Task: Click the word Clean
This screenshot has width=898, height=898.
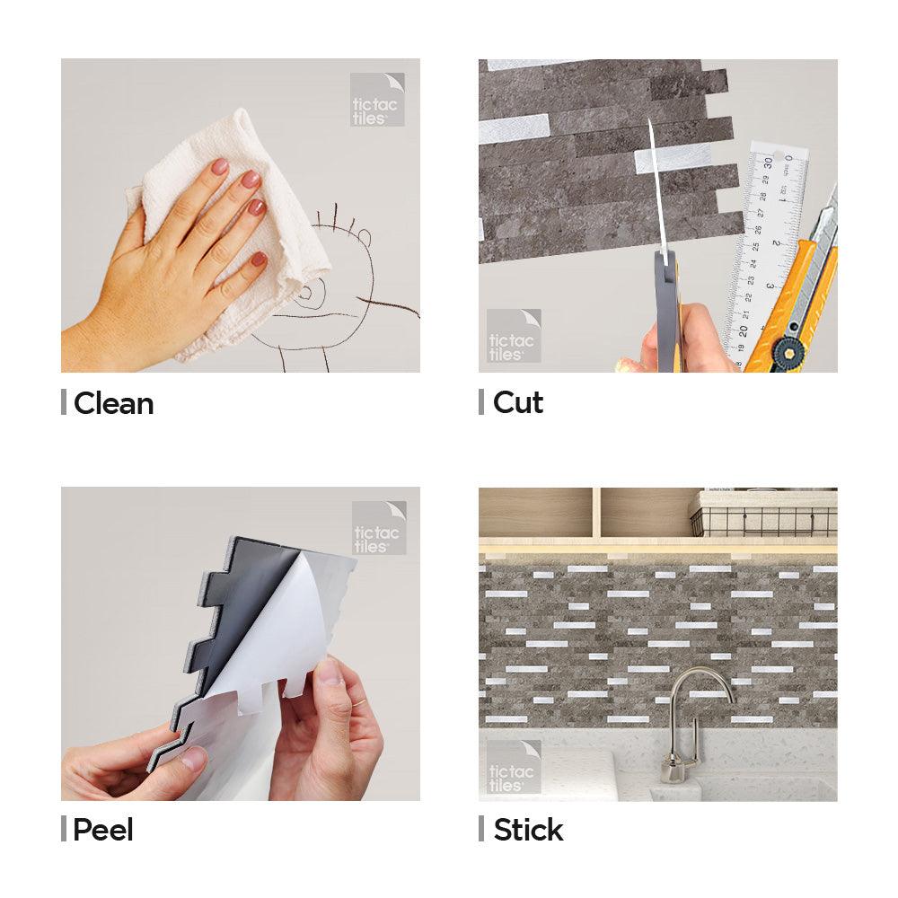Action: tap(113, 403)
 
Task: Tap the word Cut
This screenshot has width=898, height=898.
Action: tap(518, 402)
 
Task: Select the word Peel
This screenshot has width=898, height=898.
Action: tap(103, 830)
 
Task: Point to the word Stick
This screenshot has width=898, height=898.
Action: tap(528, 830)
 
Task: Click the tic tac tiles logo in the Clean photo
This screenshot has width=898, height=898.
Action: tap(377, 100)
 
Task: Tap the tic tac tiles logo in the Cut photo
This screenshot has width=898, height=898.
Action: tap(513, 336)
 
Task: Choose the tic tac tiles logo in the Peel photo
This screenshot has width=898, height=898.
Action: tap(379, 528)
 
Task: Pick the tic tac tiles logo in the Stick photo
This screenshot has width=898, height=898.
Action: tap(513, 767)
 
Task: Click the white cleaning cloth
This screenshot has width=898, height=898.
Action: tap(241, 229)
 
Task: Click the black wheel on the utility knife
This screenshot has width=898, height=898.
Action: tap(788, 353)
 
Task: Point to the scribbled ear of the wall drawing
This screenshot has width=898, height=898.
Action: tap(365, 235)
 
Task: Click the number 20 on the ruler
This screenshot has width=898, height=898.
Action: tap(743, 331)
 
